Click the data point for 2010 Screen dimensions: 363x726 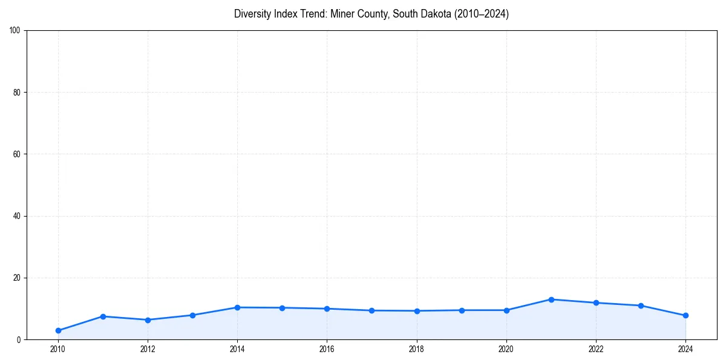tap(58, 330)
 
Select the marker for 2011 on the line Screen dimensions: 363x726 tap(103, 316)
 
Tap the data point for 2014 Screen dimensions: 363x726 tap(237, 307)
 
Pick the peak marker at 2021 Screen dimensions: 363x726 tap(551, 299)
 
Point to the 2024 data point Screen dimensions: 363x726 tap(685, 315)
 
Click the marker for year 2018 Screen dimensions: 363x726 tap(417, 311)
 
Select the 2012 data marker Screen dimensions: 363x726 tap(148, 319)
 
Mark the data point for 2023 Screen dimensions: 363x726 tap(641, 306)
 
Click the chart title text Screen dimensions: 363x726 tap(371, 14)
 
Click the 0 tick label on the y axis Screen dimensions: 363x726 tap(19, 340)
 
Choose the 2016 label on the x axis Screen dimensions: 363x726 tap(327, 348)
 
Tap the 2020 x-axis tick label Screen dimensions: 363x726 tap(506, 348)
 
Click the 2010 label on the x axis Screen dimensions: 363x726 tap(58, 348)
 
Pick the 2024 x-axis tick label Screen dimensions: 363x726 tap(685, 348)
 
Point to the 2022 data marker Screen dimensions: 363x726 tap(596, 302)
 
